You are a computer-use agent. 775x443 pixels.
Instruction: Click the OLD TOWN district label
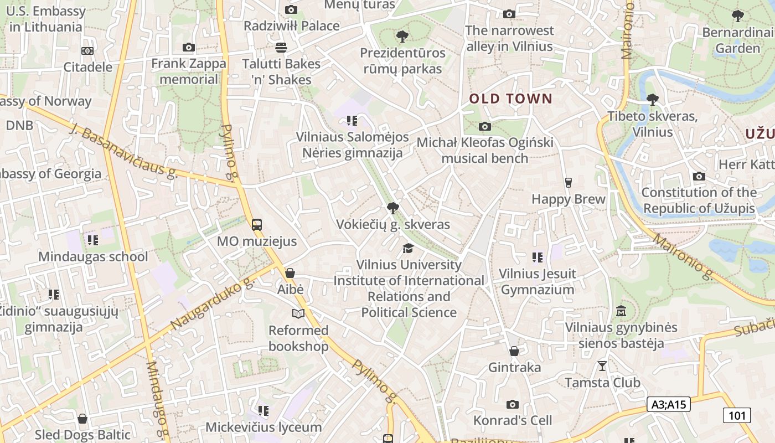tap(510, 99)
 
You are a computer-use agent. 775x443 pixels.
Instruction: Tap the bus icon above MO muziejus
tap(256, 225)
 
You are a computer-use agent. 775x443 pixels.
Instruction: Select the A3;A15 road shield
tap(668, 404)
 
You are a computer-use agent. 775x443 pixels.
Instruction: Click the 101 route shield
tap(736, 415)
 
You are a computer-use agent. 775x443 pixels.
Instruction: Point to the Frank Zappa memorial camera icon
tap(189, 48)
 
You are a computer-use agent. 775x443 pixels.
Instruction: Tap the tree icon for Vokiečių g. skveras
tap(393, 208)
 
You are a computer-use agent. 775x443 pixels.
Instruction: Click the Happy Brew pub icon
tap(568, 183)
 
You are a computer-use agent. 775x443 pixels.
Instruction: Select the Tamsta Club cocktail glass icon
tap(602, 366)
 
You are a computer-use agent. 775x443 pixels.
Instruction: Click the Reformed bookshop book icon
tap(298, 314)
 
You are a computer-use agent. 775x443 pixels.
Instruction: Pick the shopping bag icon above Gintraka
tap(514, 351)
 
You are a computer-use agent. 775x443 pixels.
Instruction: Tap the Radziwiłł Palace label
tap(292, 26)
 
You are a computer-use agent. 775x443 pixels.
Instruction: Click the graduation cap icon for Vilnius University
tap(409, 248)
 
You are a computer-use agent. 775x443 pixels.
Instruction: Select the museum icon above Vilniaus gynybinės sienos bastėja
tap(621, 311)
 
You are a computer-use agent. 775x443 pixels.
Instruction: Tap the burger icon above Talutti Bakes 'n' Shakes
tap(281, 48)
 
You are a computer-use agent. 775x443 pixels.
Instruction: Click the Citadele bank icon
tap(87, 51)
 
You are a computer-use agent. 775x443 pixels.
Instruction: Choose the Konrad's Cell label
tap(513, 420)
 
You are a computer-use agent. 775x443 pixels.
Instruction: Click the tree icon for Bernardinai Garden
tap(737, 16)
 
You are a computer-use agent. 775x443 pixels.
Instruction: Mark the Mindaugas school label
tap(93, 256)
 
